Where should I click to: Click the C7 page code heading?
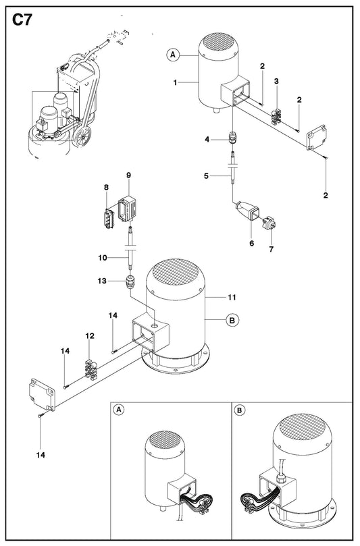[22, 20]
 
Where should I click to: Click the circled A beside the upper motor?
[173, 55]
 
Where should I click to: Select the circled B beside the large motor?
[233, 320]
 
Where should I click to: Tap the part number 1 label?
[176, 82]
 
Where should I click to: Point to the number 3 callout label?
[276, 81]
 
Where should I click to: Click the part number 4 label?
[207, 139]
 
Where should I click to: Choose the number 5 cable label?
[206, 176]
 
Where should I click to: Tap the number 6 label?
[252, 243]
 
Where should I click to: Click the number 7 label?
[271, 249]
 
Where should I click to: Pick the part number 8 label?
[106, 188]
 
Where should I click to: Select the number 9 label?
[128, 175]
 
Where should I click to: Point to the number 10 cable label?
[103, 258]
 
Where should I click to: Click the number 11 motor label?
[232, 297]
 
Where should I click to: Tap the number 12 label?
[90, 335]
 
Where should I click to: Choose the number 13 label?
[102, 281]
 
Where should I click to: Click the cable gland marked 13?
[130, 281]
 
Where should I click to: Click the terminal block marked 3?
[278, 116]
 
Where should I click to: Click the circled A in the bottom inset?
[119, 410]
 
